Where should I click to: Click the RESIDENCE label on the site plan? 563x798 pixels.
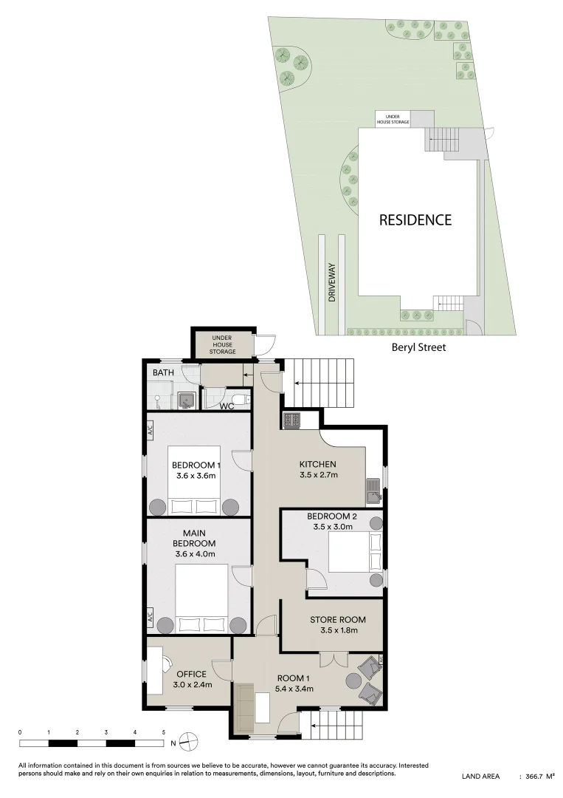coord(415,220)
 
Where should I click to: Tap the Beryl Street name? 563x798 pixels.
coord(418,347)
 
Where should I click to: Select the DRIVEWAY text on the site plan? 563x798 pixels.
coord(332,282)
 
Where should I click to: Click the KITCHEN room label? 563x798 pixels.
coord(317,464)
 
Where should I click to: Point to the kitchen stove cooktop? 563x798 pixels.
coord(291,420)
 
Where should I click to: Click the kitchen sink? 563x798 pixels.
coord(373,490)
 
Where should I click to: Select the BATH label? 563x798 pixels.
coord(163,372)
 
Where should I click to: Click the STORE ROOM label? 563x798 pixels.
coord(338,620)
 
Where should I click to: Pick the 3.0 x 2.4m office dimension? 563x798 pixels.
coord(193,684)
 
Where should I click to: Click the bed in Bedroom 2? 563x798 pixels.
coord(356,553)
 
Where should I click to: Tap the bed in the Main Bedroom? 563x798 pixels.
coord(202,598)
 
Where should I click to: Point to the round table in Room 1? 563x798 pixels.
coord(353,680)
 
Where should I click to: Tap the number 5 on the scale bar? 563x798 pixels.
coord(164,732)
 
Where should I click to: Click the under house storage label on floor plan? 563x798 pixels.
coord(223,344)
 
